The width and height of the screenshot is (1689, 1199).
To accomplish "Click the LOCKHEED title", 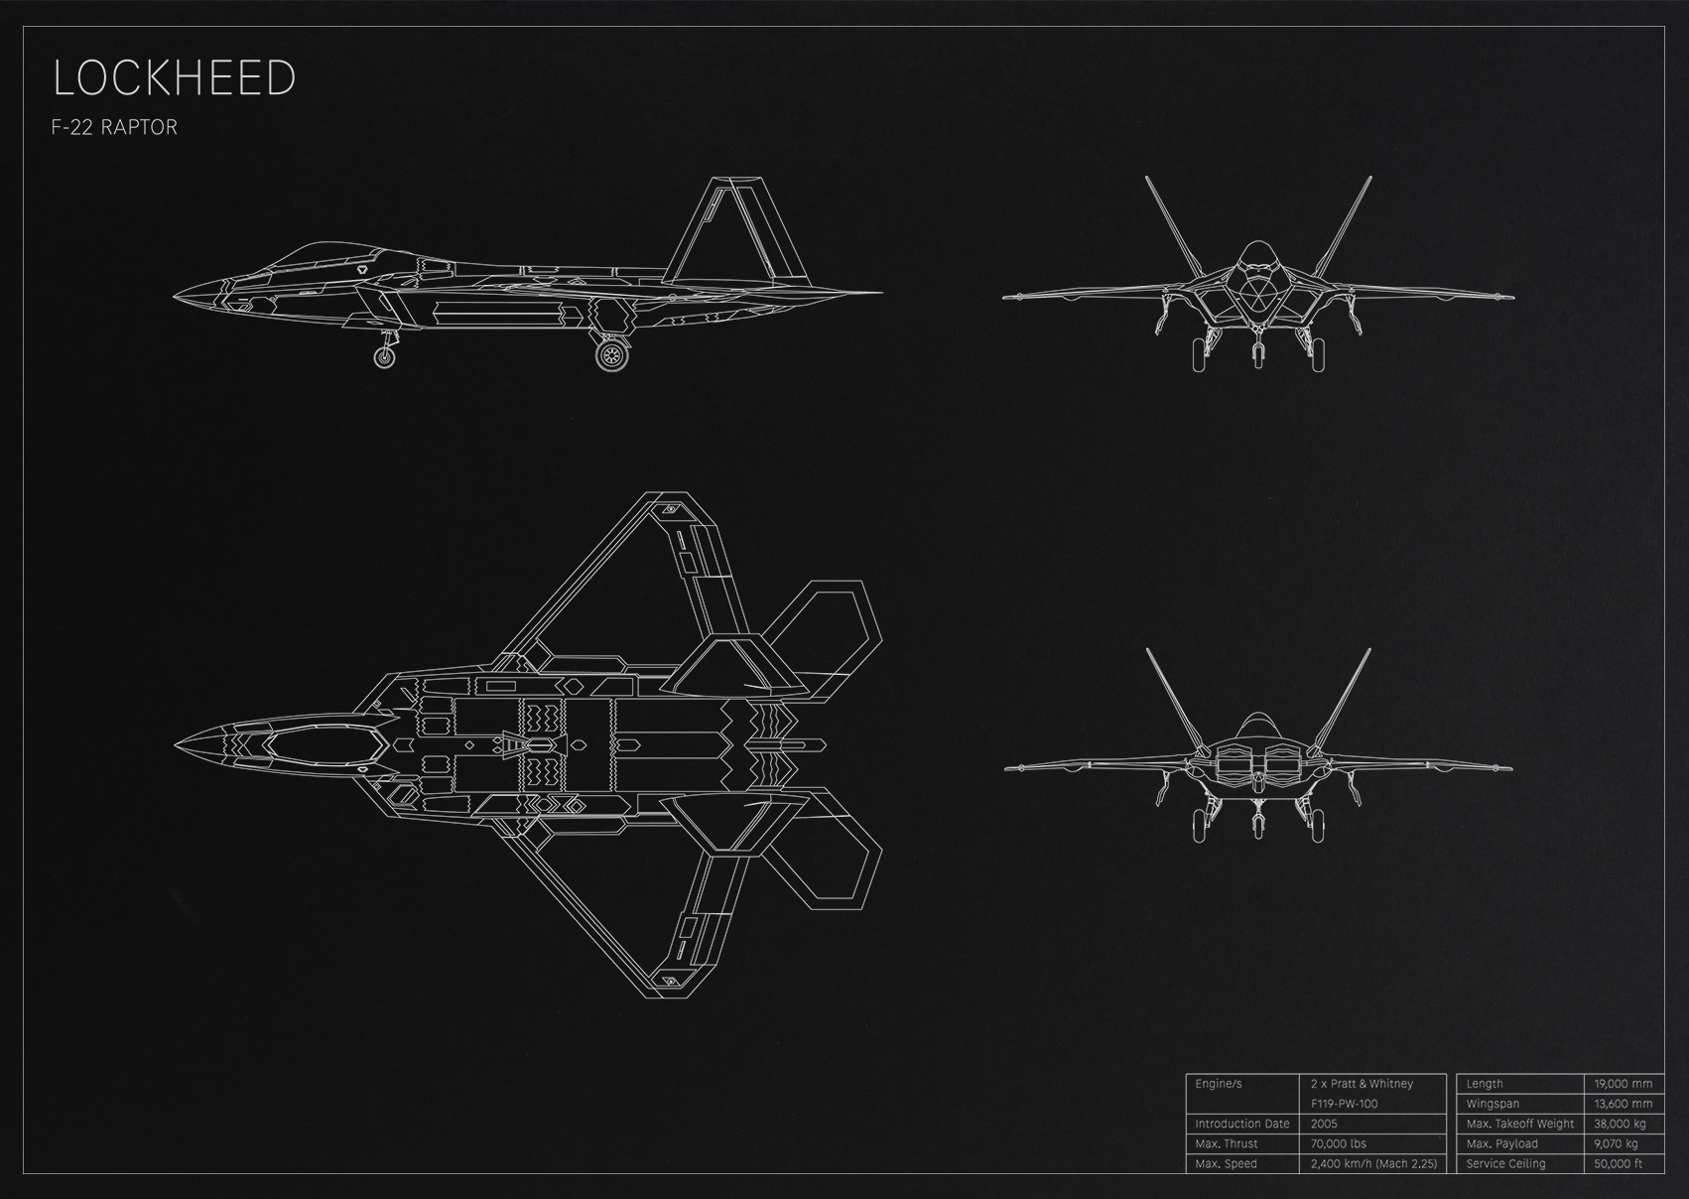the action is (175, 77).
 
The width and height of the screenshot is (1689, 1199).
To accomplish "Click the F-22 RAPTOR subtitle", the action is (114, 127).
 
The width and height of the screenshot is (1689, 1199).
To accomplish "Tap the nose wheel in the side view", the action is (385, 356).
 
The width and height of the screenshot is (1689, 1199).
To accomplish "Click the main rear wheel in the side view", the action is (611, 355).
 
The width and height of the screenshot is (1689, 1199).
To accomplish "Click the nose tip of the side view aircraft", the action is (175, 297).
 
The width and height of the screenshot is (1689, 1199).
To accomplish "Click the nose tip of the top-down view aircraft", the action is (176, 745).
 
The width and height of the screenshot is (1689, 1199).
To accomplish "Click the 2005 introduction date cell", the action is (1324, 1124).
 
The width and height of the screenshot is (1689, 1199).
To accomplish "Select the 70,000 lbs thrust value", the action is (1339, 1144).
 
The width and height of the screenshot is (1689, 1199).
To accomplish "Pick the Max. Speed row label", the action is (1226, 1163).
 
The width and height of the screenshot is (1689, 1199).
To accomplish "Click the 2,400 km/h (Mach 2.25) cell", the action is (1373, 1163).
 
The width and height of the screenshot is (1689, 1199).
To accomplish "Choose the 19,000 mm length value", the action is (1623, 1085).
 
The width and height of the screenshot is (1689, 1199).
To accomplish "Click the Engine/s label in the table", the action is (1219, 1085).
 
